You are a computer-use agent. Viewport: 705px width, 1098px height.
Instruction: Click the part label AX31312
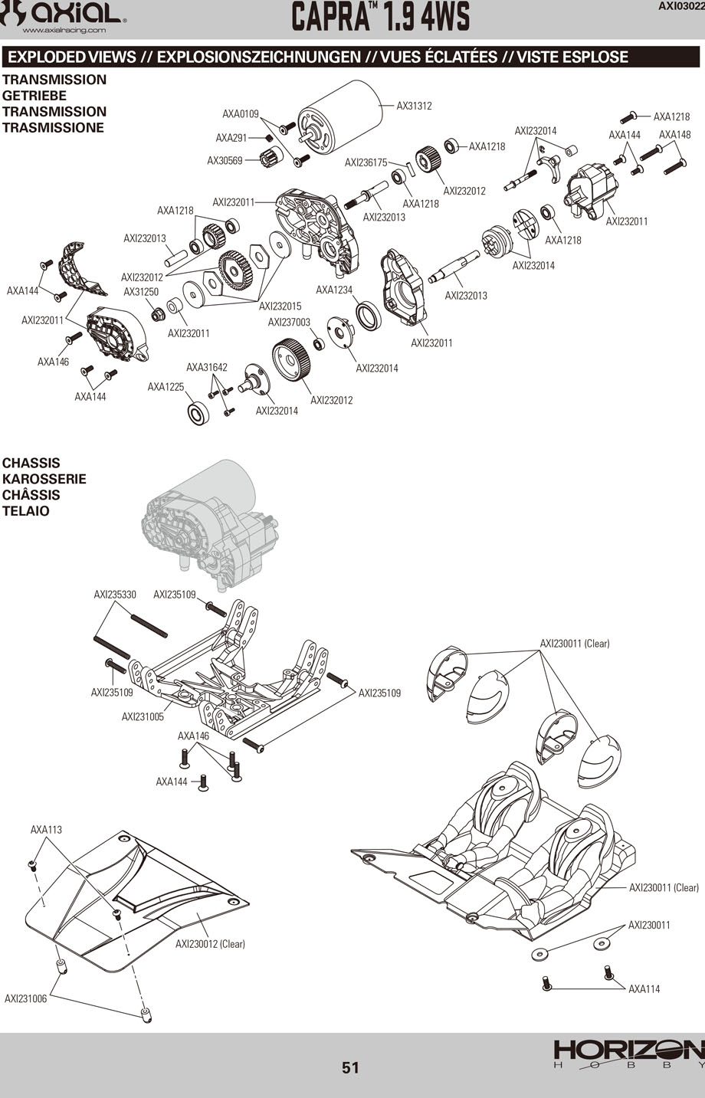(414, 106)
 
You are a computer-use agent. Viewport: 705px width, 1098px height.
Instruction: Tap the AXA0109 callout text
(241, 114)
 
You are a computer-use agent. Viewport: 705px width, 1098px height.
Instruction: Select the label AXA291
(231, 138)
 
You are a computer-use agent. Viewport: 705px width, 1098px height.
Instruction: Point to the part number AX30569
(225, 160)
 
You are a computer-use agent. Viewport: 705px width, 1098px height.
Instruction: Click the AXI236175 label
(366, 162)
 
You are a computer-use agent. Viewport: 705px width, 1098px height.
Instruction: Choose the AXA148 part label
(674, 135)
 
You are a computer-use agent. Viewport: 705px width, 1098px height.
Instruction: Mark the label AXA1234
(334, 290)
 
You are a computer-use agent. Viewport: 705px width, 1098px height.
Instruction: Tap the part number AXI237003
(289, 323)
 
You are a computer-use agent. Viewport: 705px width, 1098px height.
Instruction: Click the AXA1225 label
(166, 387)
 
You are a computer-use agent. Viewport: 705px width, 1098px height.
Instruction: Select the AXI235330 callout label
(115, 594)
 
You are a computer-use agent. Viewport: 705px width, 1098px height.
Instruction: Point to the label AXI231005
(143, 717)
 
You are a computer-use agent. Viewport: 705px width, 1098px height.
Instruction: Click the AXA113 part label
(46, 830)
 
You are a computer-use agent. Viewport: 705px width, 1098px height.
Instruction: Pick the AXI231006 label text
(25, 998)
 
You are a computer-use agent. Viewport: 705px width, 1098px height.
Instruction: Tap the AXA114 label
(644, 988)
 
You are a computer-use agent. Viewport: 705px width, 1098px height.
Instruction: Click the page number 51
(351, 1067)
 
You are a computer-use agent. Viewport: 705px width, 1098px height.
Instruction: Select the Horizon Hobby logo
(628, 1054)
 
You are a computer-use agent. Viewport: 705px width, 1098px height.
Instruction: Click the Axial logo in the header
(64, 15)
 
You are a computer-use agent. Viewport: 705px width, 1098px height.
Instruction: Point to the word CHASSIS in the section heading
(31, 463)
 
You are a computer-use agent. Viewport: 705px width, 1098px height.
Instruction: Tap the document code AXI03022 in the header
(681, 6)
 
